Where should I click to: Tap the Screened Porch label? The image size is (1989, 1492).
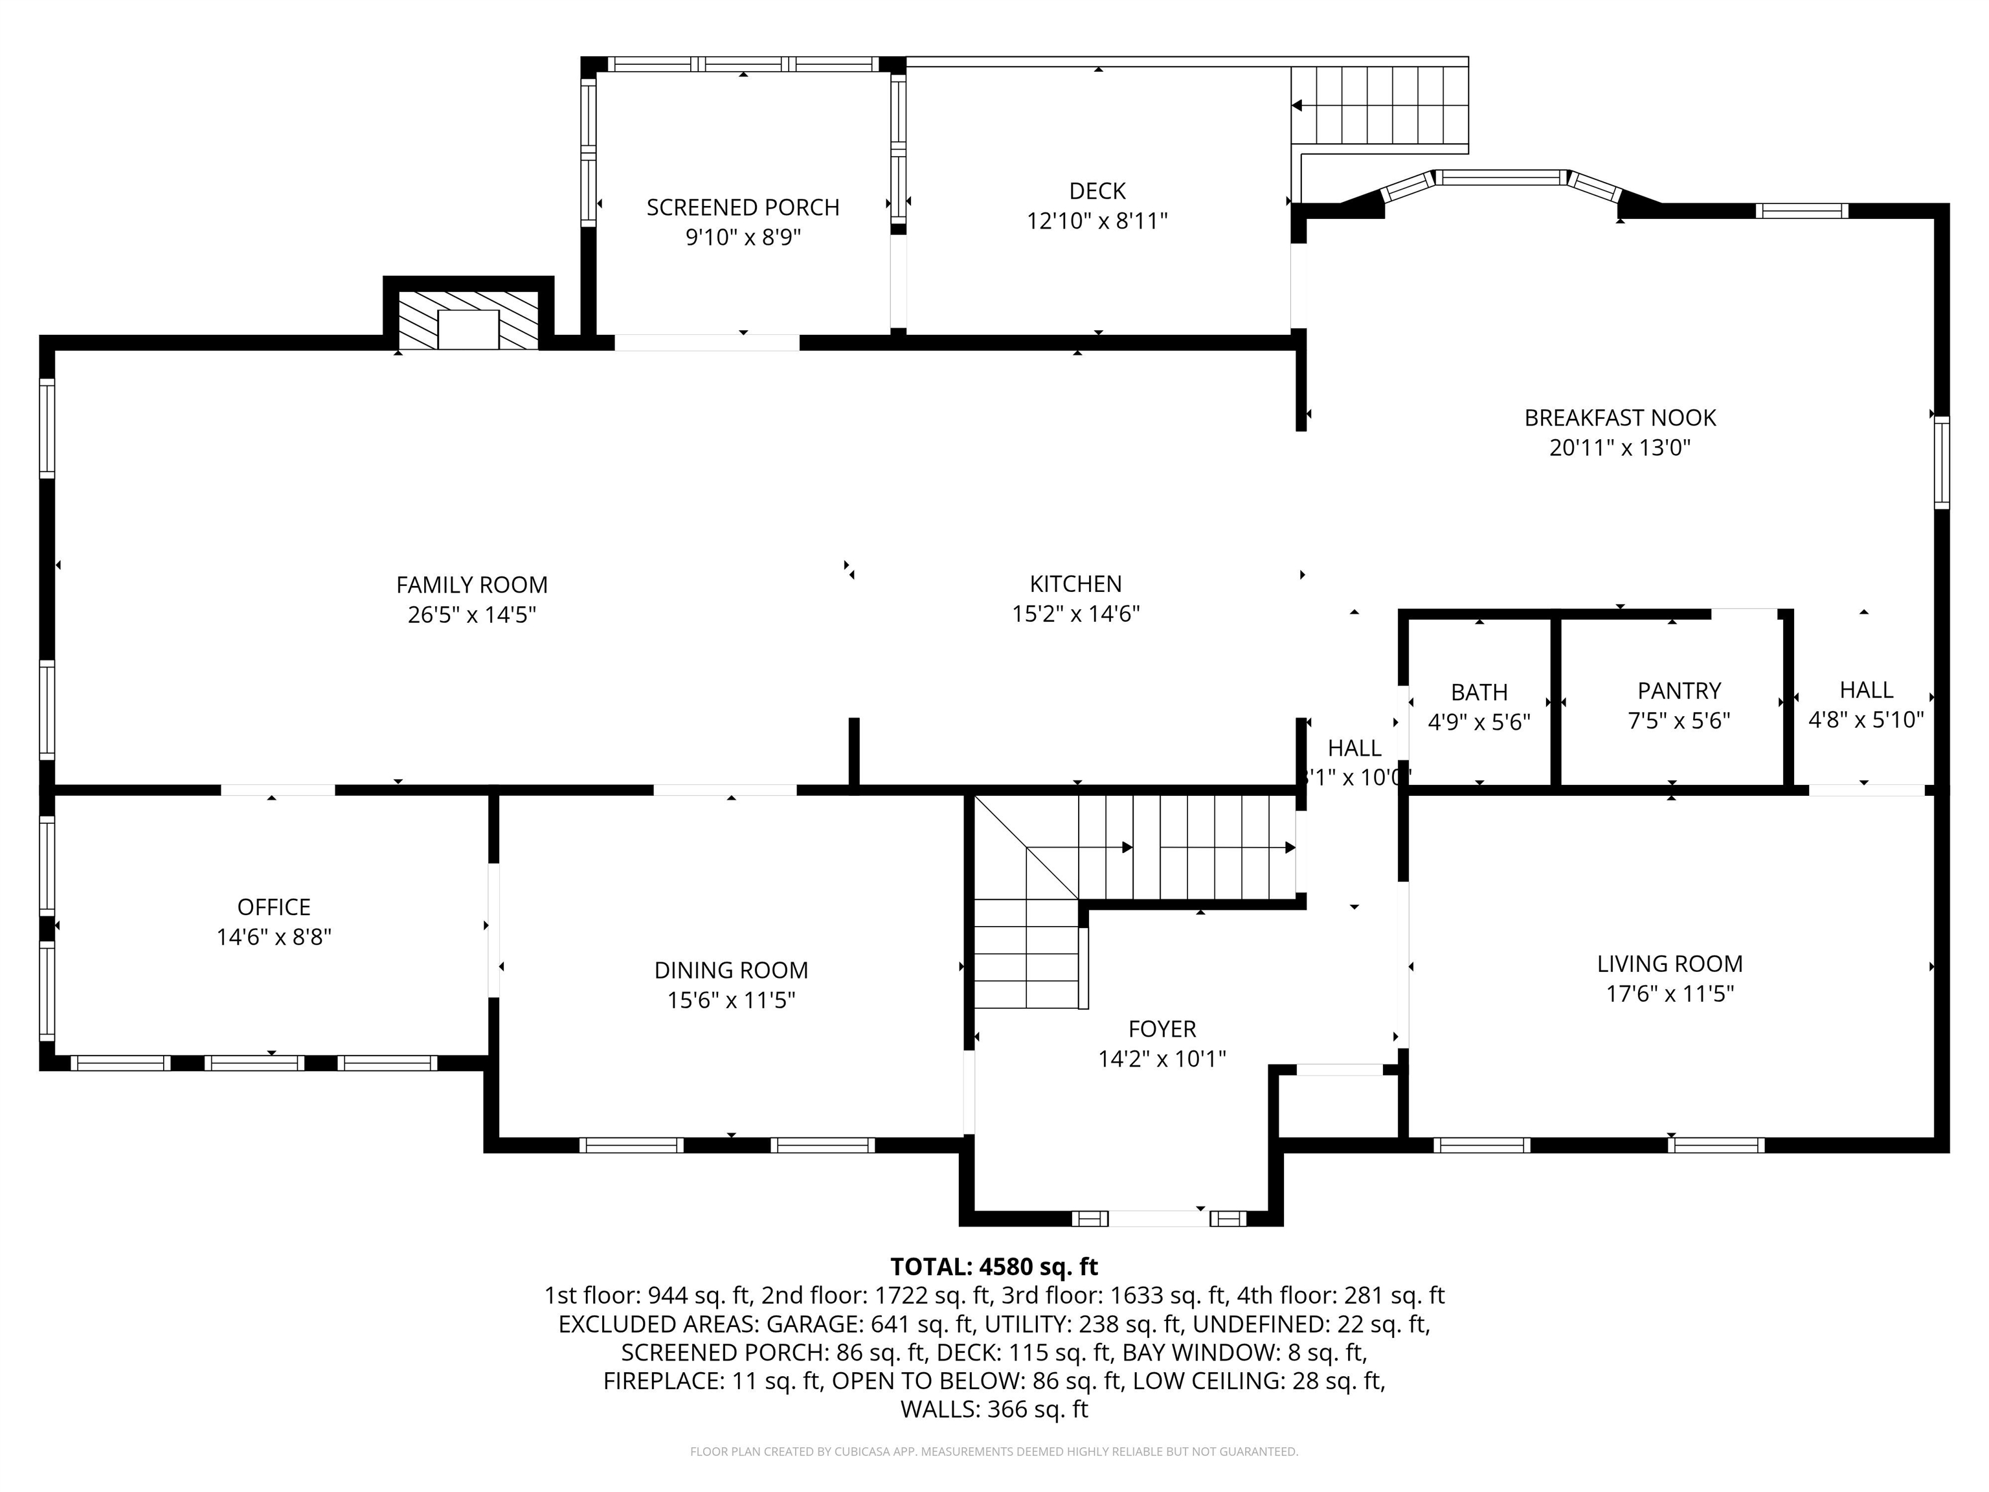pyautogui.click(x=743, y=208)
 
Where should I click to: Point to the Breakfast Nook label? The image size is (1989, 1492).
pyautogui.click(x=1619, y=418)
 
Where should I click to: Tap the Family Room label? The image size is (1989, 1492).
pyautogui.click(x=471, y=585)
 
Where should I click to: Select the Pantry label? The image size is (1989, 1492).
pyautogui.click(x=1679, y=692)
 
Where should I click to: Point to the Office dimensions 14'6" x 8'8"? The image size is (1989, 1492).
pyautogui.click(x=273, y=937)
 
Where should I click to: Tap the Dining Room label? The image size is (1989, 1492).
pyautogui.click(x=731, y=971)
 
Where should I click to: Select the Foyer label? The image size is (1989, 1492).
pyautogui.click(x=1162, y=1029)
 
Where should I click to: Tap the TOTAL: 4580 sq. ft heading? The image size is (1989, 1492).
pyautogui.click(x=994, y=1267)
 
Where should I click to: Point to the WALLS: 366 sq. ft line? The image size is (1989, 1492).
pyautogui.click(x=994, y=1409)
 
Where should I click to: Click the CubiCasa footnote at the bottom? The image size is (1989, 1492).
pyautogui.click(x=994, y=1452)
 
